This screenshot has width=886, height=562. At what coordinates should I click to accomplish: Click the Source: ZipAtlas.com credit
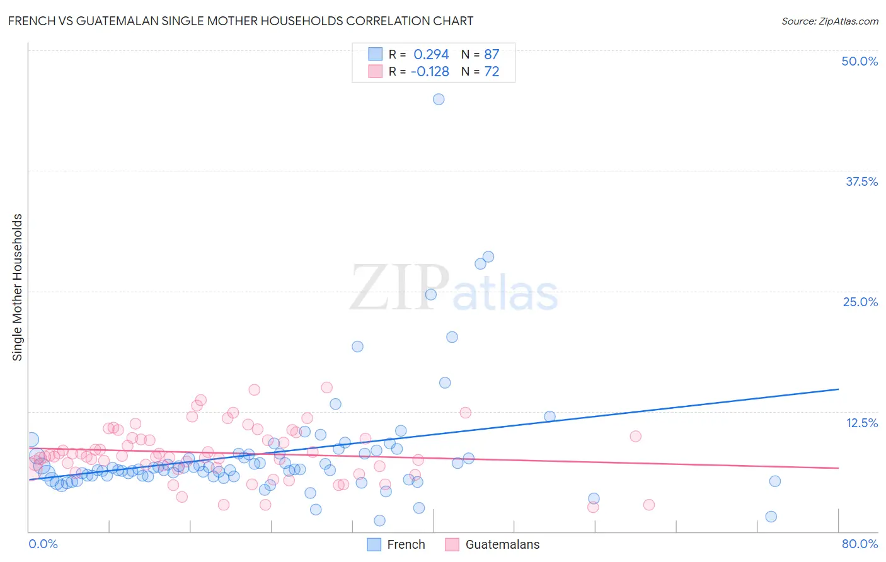(x=829, y=21)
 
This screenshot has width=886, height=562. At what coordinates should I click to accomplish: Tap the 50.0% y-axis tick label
(x=860, y=61)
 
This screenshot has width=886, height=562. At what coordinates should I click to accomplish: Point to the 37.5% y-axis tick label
(x=861, y=181)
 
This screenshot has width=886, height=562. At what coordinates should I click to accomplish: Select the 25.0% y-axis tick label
(x=860, y=302)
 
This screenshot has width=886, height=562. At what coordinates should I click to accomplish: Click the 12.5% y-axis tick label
(x=861, y=423)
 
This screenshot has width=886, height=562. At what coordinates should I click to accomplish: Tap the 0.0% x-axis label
(x=43, y=544)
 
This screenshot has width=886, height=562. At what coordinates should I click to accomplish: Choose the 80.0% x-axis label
(x=860, y=544)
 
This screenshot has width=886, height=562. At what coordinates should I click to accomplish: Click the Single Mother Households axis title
(x=17, y=287)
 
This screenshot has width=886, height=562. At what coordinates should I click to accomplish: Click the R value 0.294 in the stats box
(x=431, y=55)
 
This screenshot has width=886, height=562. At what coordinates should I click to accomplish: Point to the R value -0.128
(x=430, y=72)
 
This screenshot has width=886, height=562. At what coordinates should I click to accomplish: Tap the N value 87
(x=492, y=55)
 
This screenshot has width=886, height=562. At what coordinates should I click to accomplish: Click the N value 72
(x=492, y=72)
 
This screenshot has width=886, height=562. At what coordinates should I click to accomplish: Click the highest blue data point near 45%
(x=439, y=99)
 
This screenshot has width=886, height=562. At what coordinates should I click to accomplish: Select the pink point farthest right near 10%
(x=635, y=436)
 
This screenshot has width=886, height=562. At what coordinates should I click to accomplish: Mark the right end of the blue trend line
(x=838, y=389)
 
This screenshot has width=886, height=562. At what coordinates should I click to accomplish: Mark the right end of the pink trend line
(x=838, y=468)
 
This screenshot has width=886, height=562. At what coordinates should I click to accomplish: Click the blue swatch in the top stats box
(x=375, y=54)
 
